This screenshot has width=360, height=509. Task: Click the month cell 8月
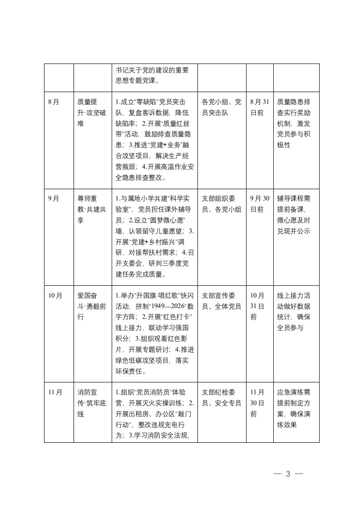pyautogui.click(x=54, y=102)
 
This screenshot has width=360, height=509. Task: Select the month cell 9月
pyautogui.click(x=54, y=198)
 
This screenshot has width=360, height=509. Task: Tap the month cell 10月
pyautogui.click(x=55, y=295)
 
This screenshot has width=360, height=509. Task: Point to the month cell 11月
pyautogui.click(x=55, y=392)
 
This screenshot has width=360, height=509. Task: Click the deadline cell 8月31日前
pyautogui.click(x=260, y=107)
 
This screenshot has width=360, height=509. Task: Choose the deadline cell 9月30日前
pyautogui.click(x=260, y=204)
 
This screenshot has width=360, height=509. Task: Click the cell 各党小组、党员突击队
pyautogui.click(x=221, y=107)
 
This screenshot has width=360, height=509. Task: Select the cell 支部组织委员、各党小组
pyautogui.click(x=221, y=204)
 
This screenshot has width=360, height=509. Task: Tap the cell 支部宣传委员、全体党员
pyautogui.click(x=221, y=300)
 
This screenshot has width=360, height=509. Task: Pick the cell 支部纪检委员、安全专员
pyautogui.click(x=221, y=397)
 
